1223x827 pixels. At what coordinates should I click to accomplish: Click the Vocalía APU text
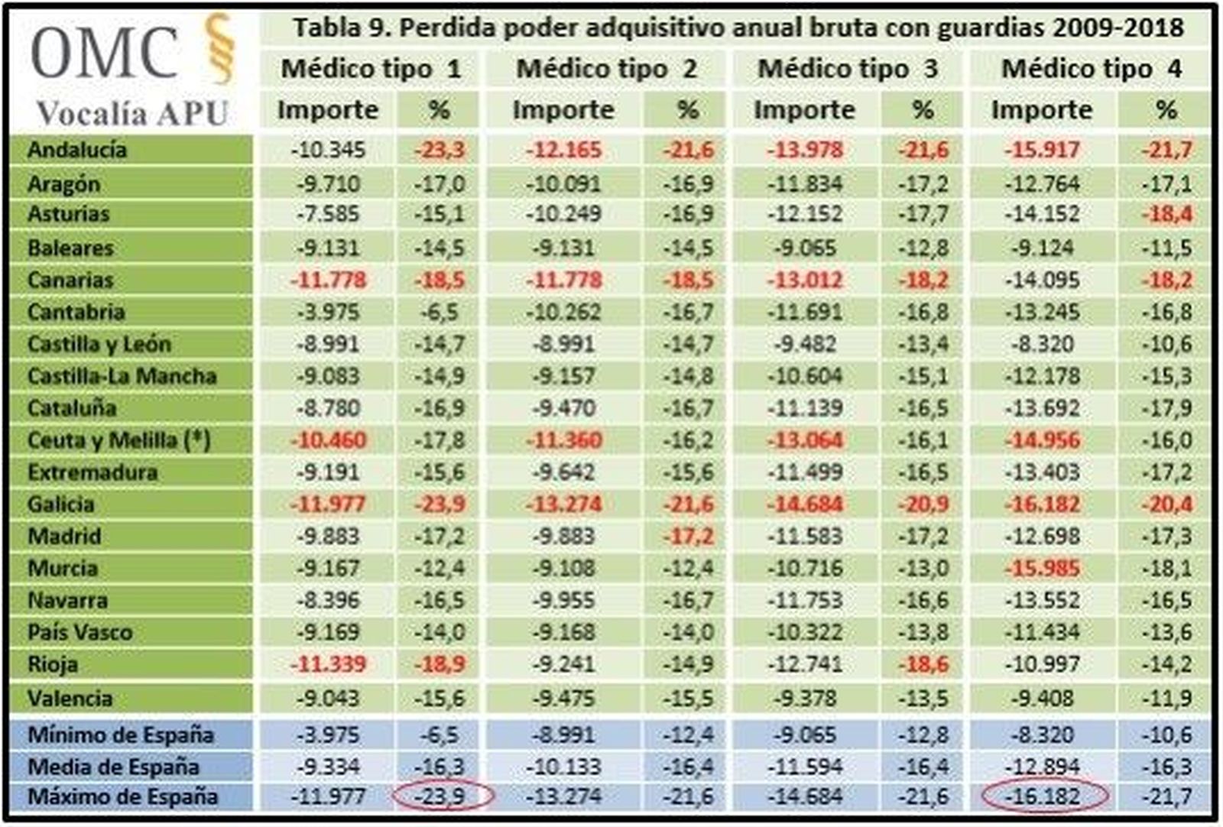132,113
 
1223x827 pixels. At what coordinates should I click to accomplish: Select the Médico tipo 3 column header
847,69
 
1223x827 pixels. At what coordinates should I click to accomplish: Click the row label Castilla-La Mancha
122,376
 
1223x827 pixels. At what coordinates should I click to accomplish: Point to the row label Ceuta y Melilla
118,440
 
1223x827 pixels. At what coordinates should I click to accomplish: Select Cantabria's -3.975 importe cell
328,312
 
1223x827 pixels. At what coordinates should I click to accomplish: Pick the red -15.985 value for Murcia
1042,569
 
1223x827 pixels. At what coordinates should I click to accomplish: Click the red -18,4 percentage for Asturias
1166,214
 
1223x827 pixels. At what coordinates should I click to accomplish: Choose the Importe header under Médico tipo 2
563,110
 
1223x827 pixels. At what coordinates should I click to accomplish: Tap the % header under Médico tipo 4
1166,110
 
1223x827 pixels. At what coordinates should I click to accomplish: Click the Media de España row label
113,767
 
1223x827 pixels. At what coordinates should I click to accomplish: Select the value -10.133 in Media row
563,767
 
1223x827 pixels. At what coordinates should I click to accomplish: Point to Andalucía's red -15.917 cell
1042,150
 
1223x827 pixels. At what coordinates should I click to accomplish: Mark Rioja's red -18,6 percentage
923,664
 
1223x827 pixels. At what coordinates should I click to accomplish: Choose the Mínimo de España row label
121,735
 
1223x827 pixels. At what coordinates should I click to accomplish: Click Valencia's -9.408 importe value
1042,699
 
